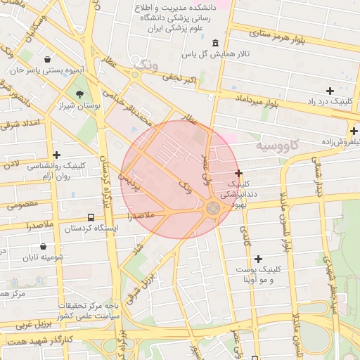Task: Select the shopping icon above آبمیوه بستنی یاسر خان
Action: (46, 59)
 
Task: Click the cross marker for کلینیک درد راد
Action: (330, 91)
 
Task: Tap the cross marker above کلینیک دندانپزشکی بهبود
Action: (239, 173)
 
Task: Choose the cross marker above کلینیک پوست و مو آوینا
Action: (258, 259)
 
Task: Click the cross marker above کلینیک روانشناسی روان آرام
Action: (57, 155)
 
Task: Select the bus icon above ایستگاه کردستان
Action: (91, 217)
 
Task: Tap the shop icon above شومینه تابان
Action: (44, 247)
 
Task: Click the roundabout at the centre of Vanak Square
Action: (213, 209)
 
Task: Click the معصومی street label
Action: (25, 205)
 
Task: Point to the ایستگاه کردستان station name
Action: (91, 229)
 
